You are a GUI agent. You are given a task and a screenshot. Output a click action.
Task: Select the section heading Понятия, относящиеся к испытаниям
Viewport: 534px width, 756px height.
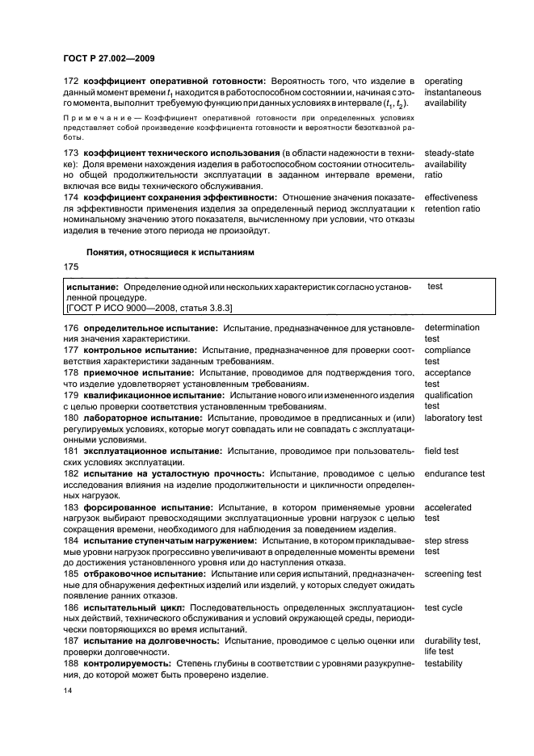(x=170, y=252)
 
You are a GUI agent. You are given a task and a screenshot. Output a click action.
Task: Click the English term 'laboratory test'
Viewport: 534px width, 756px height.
(x=453, y=418)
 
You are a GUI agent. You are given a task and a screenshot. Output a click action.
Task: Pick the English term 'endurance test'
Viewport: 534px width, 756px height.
(x=454, y=473)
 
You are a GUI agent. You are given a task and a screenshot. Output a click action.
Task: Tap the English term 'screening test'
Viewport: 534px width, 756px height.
(x=452, y=574)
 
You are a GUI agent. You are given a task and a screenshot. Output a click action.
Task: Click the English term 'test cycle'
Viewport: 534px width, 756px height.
(x=444, y=607)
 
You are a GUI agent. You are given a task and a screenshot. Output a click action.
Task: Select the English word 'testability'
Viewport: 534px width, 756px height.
(x=444, y=663)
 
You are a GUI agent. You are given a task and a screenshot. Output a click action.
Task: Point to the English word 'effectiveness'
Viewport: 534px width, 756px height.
(x=451, y=198)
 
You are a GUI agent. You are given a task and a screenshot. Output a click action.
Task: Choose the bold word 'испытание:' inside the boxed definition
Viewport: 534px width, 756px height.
(x=93, y=287)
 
